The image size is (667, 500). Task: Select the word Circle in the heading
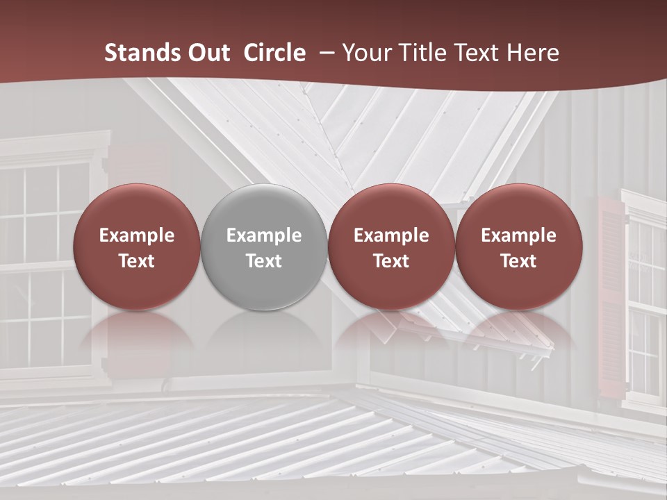[x=274, y=53]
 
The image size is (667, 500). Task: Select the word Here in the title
[x=532, y=53]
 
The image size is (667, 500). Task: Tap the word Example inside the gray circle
[x=263, y=235]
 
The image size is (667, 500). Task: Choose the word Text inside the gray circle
[x=263, y=261]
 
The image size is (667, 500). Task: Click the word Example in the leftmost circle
[x=136, y=235]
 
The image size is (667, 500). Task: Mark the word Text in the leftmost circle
[x=136, y=261]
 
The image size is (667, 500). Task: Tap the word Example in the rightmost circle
[x=518, y=235]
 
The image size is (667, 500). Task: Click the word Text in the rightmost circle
[x=518, y=261]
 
